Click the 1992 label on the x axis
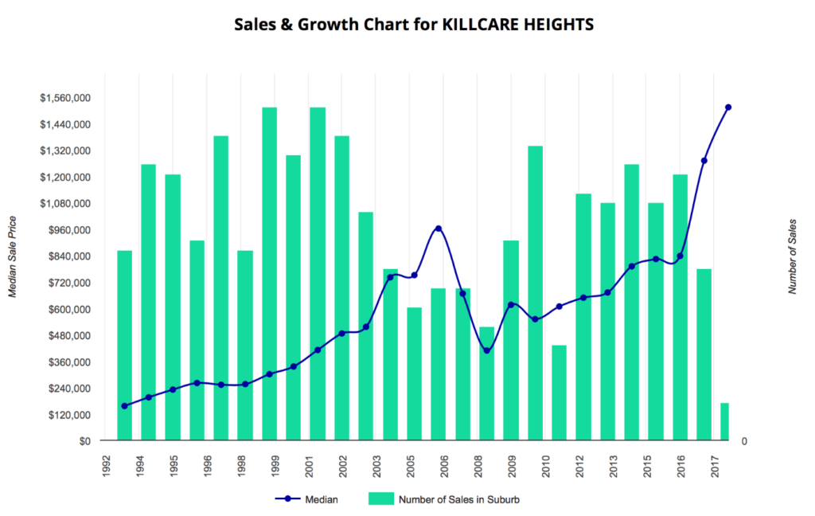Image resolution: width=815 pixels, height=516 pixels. pyautogui.click(x=106, y=465)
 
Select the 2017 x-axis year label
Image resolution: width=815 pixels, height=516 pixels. pyautogui.click(x=717, y=465)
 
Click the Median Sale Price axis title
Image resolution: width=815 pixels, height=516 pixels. pyautogui.click(x=13, y=256)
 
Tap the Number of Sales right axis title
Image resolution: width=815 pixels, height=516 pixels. pyautogui.click(x=793, y=256)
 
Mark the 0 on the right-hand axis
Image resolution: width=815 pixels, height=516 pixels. pyautogui.click(x=744, y=441)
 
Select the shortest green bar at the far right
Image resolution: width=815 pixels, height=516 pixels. pyautogui.click(x=725, y=421)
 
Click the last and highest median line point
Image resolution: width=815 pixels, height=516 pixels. pyautogui.click(x=728, y=107)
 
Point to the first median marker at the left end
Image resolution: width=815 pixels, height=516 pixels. pyautogui.click(x=124, y=406)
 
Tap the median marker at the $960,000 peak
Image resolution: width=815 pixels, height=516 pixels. pyautogui.click(x=439, y=229)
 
